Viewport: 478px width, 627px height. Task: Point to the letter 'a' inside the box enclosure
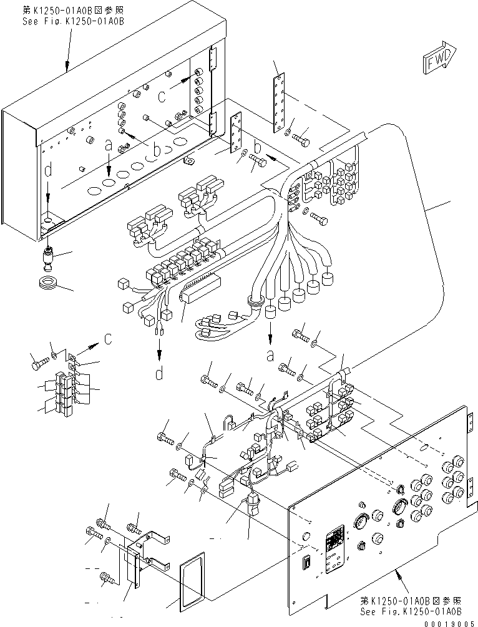109,146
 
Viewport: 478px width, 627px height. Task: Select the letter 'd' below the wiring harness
160,373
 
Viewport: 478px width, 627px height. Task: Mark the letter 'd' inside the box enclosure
49,170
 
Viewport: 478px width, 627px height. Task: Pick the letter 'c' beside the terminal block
109,339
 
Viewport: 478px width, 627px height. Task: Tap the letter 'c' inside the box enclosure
162,97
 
